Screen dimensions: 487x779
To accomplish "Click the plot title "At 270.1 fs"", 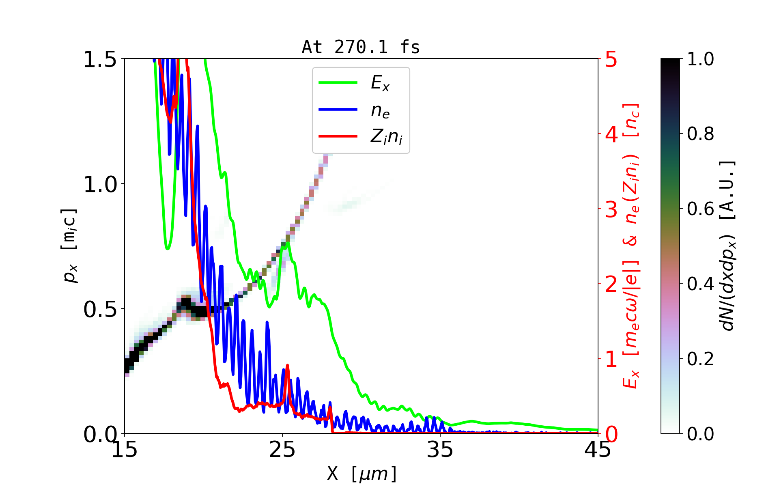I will click(x=361, y=47).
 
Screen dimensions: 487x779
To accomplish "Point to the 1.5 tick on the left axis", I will click(x=100, y=60).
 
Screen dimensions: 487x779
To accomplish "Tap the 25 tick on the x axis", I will click(x=282, y=450).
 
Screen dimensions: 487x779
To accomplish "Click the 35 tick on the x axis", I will click(x=440, y=450).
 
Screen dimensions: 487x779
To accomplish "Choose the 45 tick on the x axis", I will click(x=598, y=450).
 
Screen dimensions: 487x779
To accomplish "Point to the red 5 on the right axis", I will click(x=611, y=60).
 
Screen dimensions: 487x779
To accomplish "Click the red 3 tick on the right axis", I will click(x=611, y=209).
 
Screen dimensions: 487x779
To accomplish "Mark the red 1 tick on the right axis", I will click(x=611, y=359).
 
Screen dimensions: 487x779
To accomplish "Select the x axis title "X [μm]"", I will click(x=362, y=473).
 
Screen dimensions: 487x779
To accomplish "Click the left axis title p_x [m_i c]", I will click(x=69, y=246).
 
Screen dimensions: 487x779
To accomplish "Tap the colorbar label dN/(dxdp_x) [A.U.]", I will click(x=728, y=246).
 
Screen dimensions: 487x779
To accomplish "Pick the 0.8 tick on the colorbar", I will click(x=700, y=134).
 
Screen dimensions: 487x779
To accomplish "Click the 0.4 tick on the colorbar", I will click(x=700, y=284).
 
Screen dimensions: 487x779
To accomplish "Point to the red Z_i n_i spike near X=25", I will click(x=287, y=366).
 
